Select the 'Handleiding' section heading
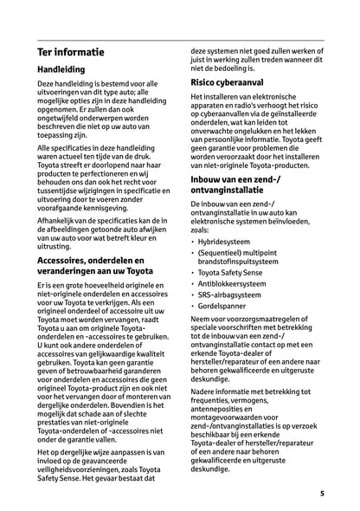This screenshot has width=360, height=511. point(67,75)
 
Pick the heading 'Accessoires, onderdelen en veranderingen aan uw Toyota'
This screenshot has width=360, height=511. point(96,265)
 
